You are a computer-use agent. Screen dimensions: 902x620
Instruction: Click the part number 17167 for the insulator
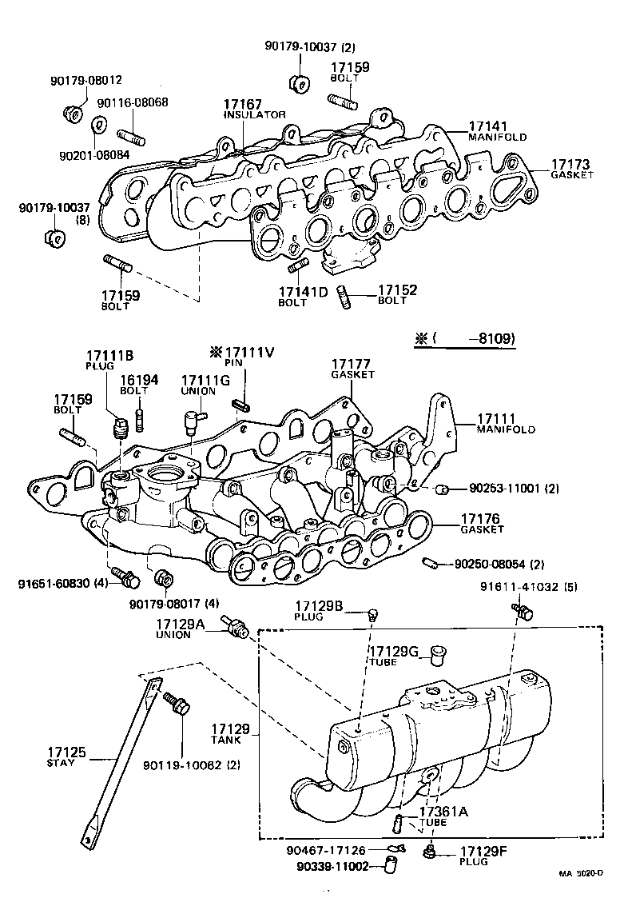click(x=242, y=104)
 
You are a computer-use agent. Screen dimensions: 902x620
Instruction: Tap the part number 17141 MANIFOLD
click(x=488, y=126)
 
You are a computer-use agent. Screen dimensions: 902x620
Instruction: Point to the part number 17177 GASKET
click(x=352, y=365)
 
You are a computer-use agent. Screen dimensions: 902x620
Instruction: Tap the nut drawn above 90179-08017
click(x=163, y=577)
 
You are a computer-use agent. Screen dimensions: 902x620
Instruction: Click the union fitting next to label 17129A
click(x=237, y=629)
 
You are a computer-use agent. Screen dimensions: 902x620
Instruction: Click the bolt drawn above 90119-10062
click(x=177, y=705)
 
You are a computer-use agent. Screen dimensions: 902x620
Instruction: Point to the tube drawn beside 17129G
click(x=436, y=655)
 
